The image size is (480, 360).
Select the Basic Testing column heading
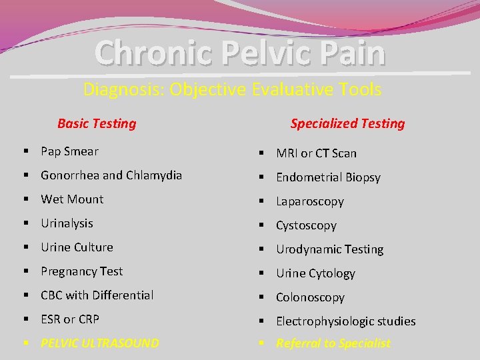pos(97,123)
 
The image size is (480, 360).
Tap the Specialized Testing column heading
pos(347,123)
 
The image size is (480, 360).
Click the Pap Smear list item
pos(69,151)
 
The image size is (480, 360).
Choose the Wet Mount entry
pos(72,199)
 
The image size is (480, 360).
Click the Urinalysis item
pos(67,223)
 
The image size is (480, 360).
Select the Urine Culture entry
pos(77,247)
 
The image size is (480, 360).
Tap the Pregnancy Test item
pos(81,271)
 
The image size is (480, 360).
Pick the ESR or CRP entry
pos(70,319)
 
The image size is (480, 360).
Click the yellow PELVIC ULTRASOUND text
pos(100,343)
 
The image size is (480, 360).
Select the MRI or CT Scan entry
pos(316,153)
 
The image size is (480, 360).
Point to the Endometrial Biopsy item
pos(328,177)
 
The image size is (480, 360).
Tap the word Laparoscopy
pos(310,201)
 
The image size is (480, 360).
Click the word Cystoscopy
pos(306,225)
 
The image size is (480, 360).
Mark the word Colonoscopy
pos(310,297)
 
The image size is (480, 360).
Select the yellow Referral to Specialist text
pos(333,343)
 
